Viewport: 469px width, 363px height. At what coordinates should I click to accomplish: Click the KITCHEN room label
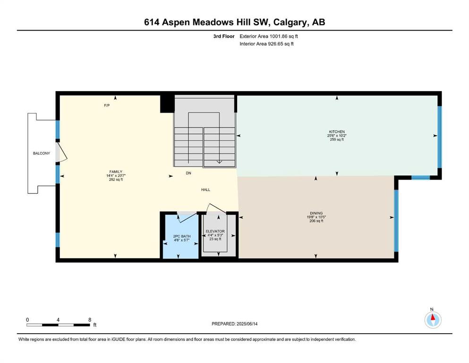[337, 132]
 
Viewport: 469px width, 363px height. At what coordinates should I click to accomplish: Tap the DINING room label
[316, 213]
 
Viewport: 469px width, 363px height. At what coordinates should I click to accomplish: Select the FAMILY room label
[116, 172]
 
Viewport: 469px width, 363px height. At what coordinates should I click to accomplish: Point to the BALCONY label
[42, 153]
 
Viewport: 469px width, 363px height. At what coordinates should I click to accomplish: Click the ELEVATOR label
[215, 231]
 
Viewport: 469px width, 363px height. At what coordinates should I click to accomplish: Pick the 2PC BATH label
[182, 236]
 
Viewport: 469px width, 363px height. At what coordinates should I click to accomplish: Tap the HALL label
[205, 190]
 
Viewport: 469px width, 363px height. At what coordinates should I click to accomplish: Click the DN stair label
[188, 173]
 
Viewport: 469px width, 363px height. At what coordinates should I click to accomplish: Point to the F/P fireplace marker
[107, 105]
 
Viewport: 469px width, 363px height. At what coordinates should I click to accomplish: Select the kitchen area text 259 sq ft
[337, 139]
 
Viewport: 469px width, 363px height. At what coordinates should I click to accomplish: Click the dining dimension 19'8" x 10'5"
[316, 217]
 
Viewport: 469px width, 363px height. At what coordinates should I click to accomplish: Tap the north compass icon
[433, 320]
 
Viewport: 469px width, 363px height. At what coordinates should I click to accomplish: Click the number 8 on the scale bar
[90, 320]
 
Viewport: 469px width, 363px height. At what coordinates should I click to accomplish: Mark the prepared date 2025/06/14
[247, 324]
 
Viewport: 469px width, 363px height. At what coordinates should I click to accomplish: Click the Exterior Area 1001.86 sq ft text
[269, 36]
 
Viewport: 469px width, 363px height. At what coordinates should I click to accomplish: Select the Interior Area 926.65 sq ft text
[266, 43]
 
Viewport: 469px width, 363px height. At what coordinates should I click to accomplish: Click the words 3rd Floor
[224, 36]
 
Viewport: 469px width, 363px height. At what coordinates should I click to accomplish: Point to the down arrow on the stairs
[219, 162]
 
